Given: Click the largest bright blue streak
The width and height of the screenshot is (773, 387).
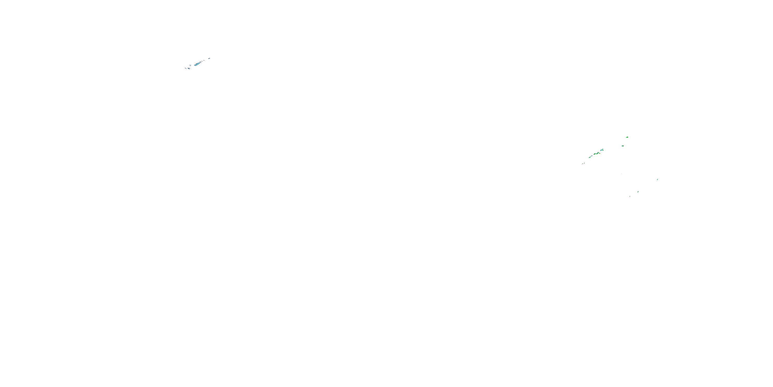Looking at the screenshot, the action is [197, 64].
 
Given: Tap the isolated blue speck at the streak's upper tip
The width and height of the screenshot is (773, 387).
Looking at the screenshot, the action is [209, 59].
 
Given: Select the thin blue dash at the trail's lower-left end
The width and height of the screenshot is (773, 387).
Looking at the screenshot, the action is [186, 69].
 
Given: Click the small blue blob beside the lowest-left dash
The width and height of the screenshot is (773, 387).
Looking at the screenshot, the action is [189, 69].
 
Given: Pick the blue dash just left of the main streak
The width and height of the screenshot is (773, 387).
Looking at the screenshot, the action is [190, 66].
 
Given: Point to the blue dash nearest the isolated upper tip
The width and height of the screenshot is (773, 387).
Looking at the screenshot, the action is [204, 60].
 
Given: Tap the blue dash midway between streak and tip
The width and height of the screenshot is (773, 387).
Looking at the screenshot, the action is [202, 62].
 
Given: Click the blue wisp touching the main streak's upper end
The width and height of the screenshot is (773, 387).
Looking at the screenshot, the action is [200, 62].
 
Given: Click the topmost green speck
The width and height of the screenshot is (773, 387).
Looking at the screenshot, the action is [627, 137].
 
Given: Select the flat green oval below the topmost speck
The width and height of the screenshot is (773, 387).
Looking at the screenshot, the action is [623, 146].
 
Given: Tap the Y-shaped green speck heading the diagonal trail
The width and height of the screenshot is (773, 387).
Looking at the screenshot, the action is [602, 150].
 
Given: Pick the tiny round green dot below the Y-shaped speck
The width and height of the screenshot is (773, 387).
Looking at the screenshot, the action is [600, 153].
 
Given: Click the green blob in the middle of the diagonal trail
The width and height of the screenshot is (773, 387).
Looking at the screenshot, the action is [598, 154].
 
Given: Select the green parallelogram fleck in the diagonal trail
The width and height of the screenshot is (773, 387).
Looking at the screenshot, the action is [595, 154].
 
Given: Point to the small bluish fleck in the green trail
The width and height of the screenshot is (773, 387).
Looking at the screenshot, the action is [592, 156].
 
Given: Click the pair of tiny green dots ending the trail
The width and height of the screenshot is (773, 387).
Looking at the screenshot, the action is [584, 164].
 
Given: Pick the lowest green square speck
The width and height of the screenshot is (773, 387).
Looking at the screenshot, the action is [629, 196].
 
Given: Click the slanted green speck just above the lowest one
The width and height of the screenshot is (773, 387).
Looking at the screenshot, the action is [638, 191].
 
